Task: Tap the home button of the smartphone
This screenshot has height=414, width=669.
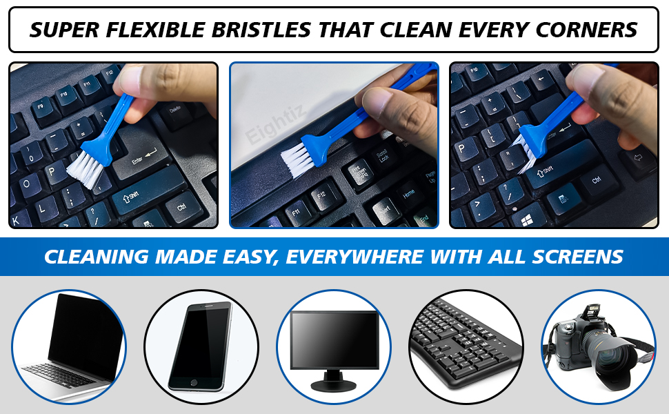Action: [193, 381]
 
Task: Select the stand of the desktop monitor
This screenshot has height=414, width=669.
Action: [333, 378]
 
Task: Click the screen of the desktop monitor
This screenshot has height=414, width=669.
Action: [334, 338]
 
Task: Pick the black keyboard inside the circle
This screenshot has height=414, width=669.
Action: [466, 345]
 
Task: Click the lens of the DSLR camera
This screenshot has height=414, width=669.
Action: [614, 359]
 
